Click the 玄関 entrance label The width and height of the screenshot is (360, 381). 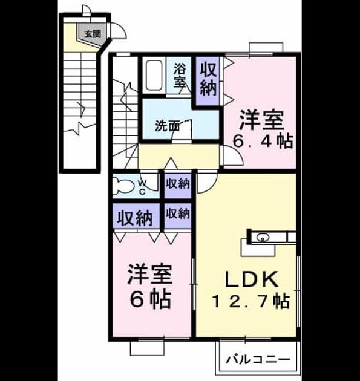(x=93, y=34)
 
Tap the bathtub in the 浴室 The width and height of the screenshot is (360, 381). (x=154, y=76)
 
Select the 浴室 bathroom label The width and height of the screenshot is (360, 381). (x=180, y=75)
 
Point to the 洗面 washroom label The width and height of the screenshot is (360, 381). (x=168, y=126)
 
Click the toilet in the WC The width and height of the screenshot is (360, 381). (x=123, y=186)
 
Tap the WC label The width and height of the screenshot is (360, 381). (x=142, y=187)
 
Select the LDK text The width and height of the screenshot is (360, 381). (x=252, y=279)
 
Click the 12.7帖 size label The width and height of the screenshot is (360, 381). (x=251, y=301)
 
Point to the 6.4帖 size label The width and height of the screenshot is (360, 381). (x=263, y=142)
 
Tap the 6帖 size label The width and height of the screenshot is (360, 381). (x=150, y=299)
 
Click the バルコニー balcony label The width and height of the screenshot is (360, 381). (x=258, y=359)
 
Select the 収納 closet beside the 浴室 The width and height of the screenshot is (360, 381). (x=208, y=80)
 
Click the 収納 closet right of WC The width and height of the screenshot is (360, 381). (x=177, y=184)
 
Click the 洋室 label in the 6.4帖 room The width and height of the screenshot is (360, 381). (x=261, y=120)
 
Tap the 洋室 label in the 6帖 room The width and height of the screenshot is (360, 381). (x=150, y=275)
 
